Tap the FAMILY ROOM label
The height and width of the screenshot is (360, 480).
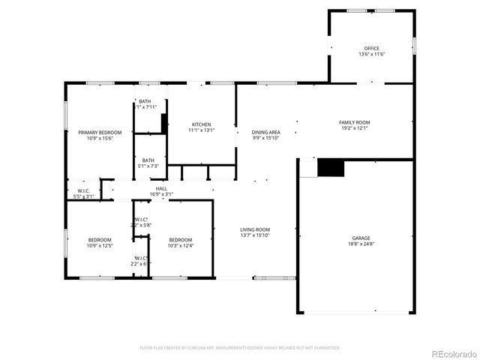(x=354, y=122)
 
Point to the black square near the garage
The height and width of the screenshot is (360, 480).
(x=330, y=168)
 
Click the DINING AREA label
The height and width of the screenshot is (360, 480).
(x=265, y=132)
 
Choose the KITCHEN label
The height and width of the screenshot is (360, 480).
(x=201, y=124)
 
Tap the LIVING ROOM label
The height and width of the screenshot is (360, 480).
(x=255, y=229)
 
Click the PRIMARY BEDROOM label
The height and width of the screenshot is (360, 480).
(x=100, y=132)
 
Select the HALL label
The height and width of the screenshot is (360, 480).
(x=161, y=188)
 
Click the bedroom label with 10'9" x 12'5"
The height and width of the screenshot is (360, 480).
(x=100, y=239)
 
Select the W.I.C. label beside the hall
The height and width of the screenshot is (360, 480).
(x=83, y=190)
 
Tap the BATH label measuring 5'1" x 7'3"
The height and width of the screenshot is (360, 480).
(x=148, y=160)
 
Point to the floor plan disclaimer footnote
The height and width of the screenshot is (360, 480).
(x=240, y=347)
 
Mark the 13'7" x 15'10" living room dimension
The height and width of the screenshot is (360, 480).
(x=255, y=236)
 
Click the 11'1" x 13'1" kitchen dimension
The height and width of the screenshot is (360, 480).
(x=201, y=130)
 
